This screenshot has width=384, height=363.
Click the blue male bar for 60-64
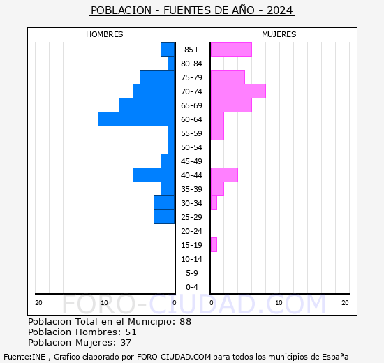136,119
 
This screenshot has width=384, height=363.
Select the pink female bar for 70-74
238,91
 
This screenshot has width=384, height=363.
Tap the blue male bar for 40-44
154,175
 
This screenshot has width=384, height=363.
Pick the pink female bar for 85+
231,50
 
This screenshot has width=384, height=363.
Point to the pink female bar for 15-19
214,245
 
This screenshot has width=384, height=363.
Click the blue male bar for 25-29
164,217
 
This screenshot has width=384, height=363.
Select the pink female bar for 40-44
224,175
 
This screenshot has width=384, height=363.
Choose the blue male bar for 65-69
147,105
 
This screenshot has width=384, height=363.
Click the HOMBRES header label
105,34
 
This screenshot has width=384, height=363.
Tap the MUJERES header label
279,34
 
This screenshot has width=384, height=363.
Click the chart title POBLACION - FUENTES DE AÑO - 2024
192,10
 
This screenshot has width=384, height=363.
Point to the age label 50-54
192,147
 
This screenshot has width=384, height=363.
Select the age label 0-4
192,287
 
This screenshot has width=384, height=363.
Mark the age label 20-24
192,231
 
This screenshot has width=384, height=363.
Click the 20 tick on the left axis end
38,302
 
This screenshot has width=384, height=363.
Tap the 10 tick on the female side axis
279,302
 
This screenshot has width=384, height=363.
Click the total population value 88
185,322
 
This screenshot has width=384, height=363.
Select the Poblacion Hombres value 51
131,332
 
